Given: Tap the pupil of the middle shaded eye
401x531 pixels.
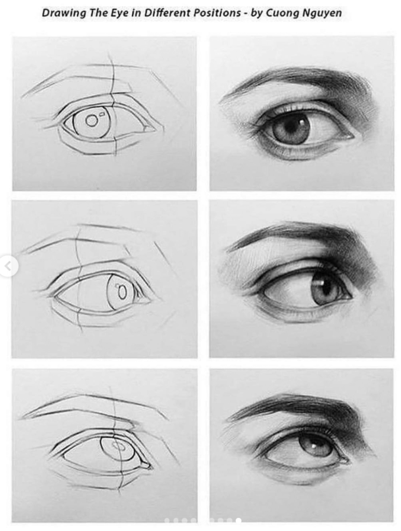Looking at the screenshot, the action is (x=326, y=287).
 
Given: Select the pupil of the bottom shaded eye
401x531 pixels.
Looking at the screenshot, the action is (x=313, y=445).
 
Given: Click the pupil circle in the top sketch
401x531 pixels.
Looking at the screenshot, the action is (x=91, y=120).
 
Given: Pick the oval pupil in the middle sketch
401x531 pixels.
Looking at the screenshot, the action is (x=122, y=292).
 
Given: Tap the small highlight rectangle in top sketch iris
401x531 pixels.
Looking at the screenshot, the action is (x=102, y=114).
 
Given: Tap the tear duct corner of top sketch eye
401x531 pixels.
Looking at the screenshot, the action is (x=148, y=129).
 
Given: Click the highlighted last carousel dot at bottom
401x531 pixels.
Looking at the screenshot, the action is (x=239, y=521).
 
